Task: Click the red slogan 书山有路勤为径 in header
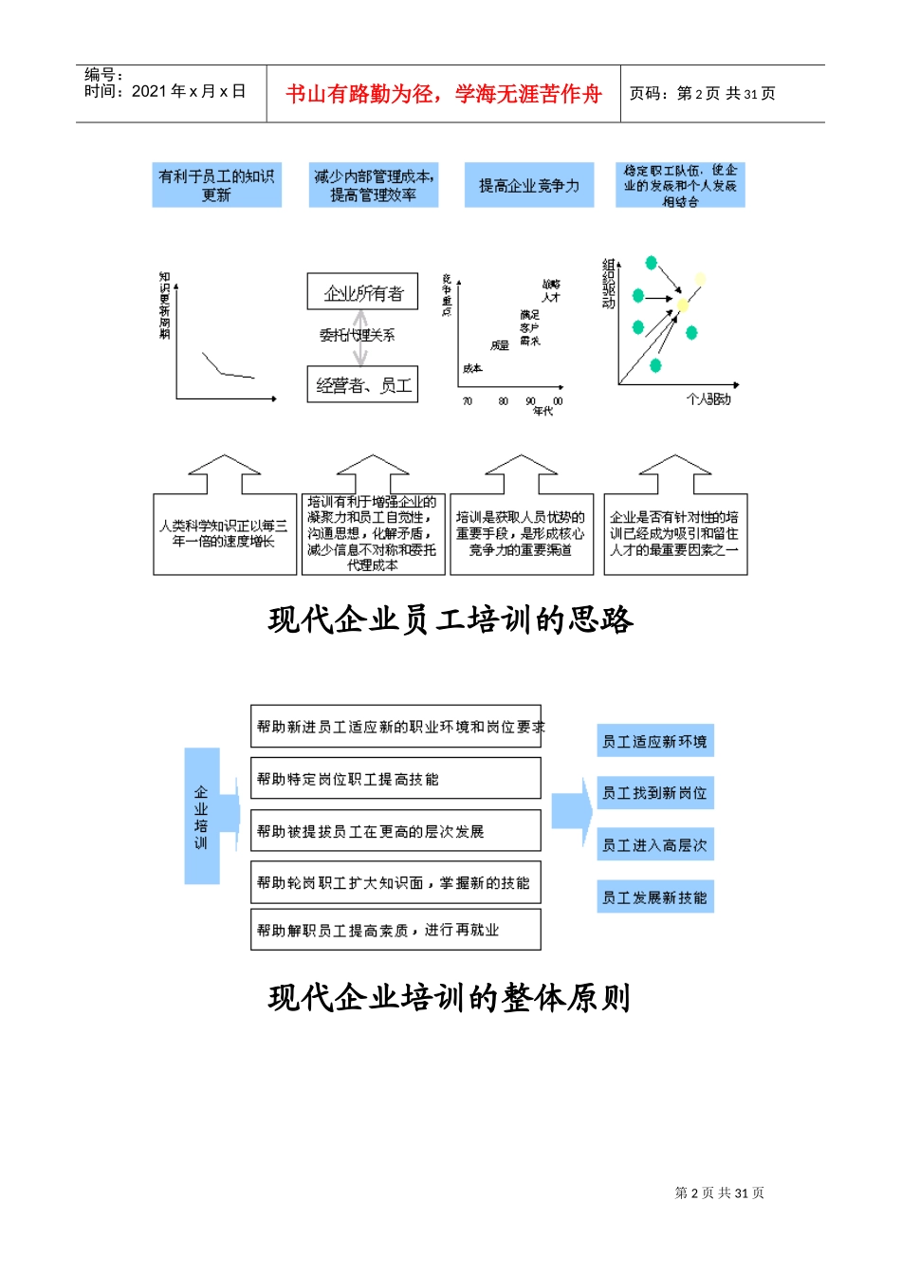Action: pos(443,94)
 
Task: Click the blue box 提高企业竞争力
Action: pos(528,186)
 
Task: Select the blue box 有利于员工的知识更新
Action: pos(216,186)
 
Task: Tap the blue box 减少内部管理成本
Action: pos(373,186)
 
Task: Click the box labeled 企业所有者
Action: pos(362,292)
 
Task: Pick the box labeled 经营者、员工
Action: pos(362,385)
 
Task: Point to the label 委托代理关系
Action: pos(357,335)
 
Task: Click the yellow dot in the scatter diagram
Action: pos(683,305)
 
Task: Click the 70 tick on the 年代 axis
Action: pos(468,401)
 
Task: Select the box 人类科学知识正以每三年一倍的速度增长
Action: pos(225,534)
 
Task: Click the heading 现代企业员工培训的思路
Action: pos(450,620)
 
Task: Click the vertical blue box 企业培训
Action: pos(201,816)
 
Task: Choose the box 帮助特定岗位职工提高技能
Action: pos(395,779)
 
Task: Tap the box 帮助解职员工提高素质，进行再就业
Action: pos(395,930)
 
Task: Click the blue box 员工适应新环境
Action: pos(654,742)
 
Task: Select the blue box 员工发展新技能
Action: pos(654,897)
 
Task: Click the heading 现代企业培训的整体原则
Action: pos(450,998)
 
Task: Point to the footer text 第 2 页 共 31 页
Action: pos(719,1193)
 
